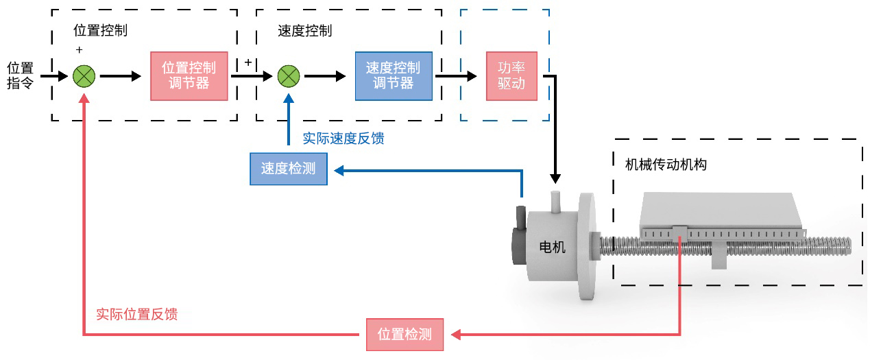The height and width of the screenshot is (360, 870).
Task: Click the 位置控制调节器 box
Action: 189,75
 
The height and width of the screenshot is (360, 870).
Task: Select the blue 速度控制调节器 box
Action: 394,75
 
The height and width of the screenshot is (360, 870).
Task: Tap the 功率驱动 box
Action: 511,75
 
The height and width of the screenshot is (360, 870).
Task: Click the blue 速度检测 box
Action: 289,169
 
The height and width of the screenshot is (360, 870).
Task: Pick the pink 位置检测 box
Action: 404,335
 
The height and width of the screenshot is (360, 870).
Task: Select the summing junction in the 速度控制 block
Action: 289,75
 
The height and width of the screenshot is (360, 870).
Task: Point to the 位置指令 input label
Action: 20,75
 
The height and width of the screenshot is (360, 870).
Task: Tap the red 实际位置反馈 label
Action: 136,314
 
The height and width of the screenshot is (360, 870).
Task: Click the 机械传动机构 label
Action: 666,165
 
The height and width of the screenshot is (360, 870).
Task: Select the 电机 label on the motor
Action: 553,247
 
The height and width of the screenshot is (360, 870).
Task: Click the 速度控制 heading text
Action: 305,31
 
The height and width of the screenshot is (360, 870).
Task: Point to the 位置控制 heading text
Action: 100,31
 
